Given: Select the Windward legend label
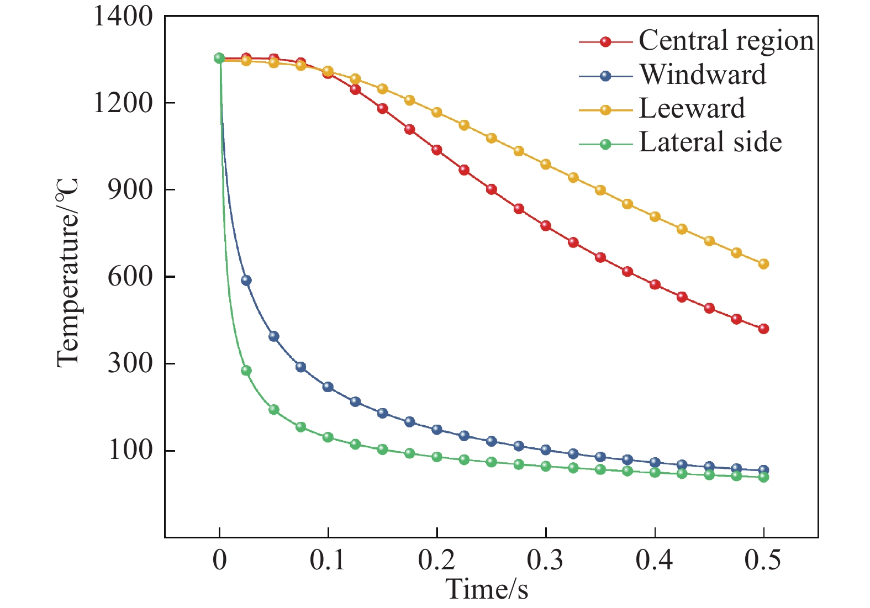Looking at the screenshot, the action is (703, 74).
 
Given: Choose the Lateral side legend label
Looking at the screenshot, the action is (710, 142).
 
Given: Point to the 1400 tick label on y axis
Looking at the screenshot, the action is (123, 17).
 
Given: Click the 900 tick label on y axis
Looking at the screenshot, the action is (130, 191).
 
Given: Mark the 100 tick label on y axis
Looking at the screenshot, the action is (130, 451).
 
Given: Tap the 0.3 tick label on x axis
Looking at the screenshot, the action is (545, 561).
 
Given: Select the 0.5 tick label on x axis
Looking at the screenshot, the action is (763, 561).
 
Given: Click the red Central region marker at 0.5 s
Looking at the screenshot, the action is (763, 329).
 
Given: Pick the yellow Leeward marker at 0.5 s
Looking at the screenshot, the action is (763, 264).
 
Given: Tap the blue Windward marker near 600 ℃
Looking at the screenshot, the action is (246, 281).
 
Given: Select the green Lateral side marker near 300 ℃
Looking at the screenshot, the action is (246, 371).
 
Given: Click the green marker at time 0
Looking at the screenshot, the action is (219, 58).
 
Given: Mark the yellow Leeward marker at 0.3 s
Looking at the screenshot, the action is (546, 164).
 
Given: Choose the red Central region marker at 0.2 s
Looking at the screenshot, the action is (437, 150).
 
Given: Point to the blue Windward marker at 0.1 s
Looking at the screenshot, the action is (328, 387).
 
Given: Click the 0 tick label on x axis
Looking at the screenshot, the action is (219, 561).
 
